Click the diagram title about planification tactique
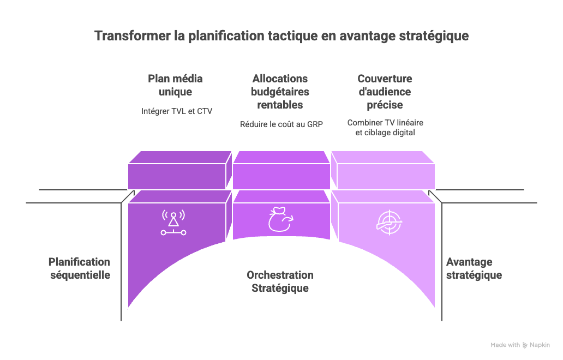[281, 36]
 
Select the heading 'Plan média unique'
[176, 85]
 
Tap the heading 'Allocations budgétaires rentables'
[280, 92]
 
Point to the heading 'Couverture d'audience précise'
[385, 92]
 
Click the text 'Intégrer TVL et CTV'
[176, 111]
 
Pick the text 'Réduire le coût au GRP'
[281, 124]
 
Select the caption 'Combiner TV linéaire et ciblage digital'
[385, 127]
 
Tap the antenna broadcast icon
[173, 222]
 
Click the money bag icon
[280, 220]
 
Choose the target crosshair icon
[389, 222]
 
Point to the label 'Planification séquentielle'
[80, 268]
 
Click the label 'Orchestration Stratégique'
[280, 281]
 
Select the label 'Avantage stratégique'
[474, 269]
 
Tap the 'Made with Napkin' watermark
[520, 345]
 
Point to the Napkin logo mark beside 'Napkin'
[525, 345]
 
